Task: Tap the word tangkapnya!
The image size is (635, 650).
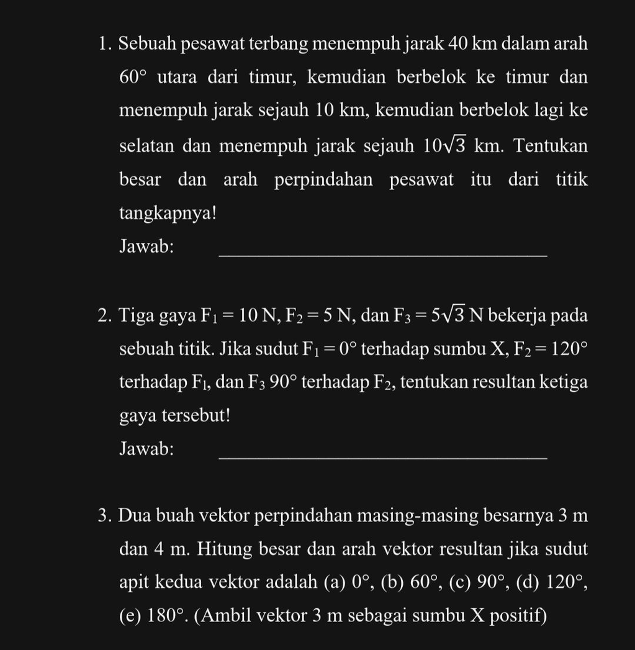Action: click(x=168, y=214)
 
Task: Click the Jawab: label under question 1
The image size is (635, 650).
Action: click(x=146, y=246)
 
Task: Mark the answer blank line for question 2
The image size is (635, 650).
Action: click(x=384, y=458)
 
